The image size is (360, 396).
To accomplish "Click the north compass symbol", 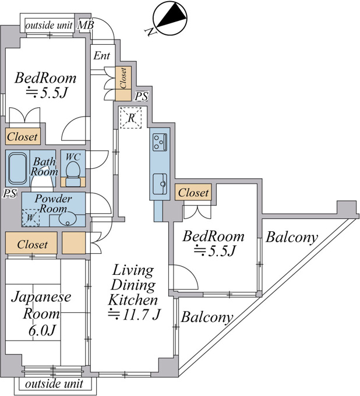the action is (170, 19).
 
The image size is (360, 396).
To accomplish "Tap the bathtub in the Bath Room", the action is (17, 168).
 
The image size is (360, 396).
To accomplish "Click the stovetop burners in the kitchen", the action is (160, 142).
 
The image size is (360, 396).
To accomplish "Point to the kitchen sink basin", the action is (160, 184).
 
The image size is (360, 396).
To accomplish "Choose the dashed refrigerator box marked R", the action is (130, 118).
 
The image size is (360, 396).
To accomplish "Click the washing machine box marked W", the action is (30, 218).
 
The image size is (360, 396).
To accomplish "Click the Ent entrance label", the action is (101, 55).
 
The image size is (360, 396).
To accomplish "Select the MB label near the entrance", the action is (86, 25).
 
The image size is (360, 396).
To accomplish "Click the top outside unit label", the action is (49, 25).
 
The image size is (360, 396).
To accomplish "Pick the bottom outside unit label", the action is (54, 384).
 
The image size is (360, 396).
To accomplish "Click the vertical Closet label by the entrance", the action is (123, 78).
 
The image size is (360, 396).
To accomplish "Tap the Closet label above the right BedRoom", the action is (193, 193).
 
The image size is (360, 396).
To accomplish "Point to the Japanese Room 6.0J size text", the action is (42, 330).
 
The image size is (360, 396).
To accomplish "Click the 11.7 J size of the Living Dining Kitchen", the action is (134, 314).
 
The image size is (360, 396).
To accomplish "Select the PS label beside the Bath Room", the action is (10, 193).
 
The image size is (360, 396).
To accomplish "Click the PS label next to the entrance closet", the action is (141, 96).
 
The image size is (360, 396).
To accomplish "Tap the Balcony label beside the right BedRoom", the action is (291, 238).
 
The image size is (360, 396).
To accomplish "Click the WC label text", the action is (73, 157).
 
